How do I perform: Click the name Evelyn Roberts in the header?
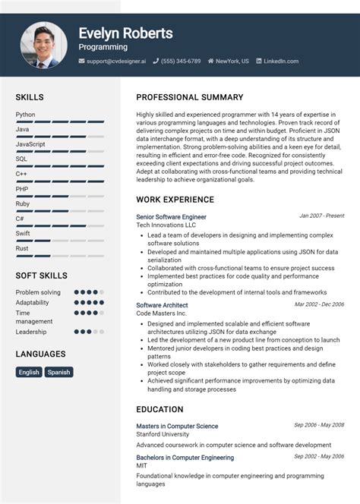(125, 33)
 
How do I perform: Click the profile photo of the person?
(44, 44)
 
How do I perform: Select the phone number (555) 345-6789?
(181, 61)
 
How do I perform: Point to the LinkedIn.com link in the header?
(281, 61)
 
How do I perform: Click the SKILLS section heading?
(30, 97)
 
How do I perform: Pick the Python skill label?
(25, 115)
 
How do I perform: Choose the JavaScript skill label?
(30, 144)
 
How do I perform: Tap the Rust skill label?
(22, 248)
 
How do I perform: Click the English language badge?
(29, 372)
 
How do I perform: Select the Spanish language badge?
(58, 372)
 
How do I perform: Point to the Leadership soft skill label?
(31, 332)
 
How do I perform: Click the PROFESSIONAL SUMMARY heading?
(190, 97)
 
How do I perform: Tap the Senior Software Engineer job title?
(171, 217)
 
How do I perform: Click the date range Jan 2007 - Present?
(321, 216)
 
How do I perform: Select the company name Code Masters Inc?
(161, 313)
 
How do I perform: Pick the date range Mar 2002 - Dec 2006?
(319, 304)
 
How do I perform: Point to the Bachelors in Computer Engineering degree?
(185, 458)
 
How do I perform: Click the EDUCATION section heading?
(159, 409)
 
